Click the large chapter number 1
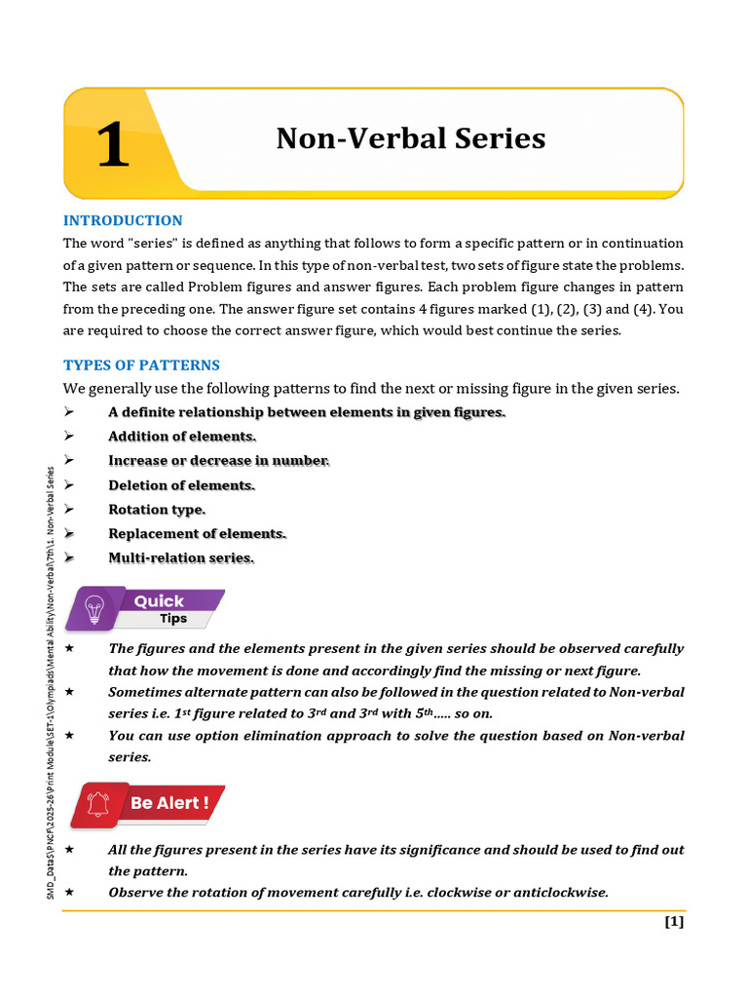[x=113, y=146]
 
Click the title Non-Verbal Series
[x=410, y=138]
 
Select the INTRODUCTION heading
[x=123, y=220]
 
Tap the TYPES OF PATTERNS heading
[x=141, y=365]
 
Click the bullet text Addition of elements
[x=182, y=437]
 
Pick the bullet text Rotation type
[x=157, y=509]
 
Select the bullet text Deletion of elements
[x=181, y=484]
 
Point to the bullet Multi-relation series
[x=181, y=557]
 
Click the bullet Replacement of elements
[x=198, y=533]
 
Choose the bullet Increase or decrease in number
[x=219, y=460]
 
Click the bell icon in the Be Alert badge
[x=98, y=804]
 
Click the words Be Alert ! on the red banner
[x=170, y=803]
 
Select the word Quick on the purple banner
[x=159, y=601]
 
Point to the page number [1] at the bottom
[x=674, y=921]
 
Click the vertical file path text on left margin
[x=52, y=682]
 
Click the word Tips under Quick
[x=173, y=619]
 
